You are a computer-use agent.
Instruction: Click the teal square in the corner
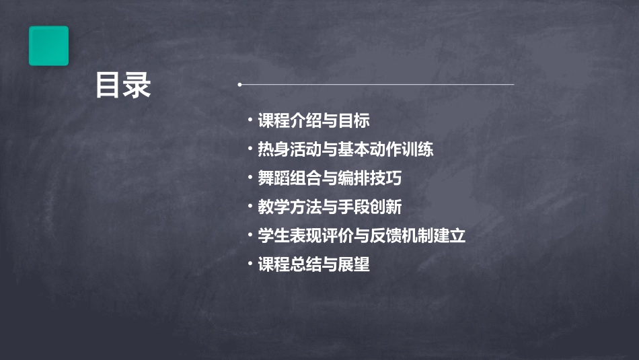[48, 46]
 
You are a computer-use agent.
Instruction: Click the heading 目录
[123, 85]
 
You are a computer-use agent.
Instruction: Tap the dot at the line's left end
[239, 85]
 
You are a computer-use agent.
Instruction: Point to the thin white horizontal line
[377, 85]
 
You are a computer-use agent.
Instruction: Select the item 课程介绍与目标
[313, 121]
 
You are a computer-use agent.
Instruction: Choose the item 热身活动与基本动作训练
[345, 149]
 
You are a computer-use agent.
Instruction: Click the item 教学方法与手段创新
[330, 207]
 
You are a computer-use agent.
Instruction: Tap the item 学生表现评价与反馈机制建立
[361, 236]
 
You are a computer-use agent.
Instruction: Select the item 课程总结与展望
[313, 264]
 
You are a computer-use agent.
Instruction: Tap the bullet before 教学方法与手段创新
[250, 207]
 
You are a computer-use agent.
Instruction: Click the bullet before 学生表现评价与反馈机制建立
[250, 236]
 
